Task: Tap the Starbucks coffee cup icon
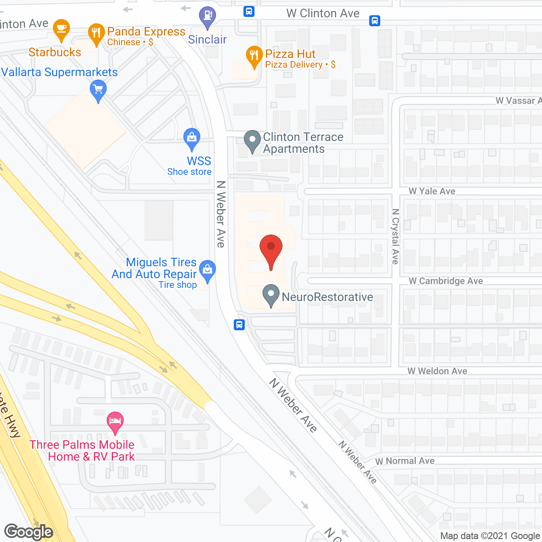point(61,29)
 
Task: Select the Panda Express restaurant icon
point(97,33)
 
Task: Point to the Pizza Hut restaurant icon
point(254,56)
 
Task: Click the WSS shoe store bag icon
point(192,138)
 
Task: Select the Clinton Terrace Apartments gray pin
point(252,140)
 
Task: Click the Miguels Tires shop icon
point(207,270)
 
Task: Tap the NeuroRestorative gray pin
point(271,295)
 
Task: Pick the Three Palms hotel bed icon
point(115,422)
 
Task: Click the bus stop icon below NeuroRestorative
point(239,325)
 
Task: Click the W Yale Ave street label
point(432,191)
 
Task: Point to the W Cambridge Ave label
point(445,281)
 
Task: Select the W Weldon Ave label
point(437,371)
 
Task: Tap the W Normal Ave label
point(405,461)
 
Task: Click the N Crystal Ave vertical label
point(395,236)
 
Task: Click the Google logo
point(29,532)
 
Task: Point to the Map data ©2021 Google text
point(490,536)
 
